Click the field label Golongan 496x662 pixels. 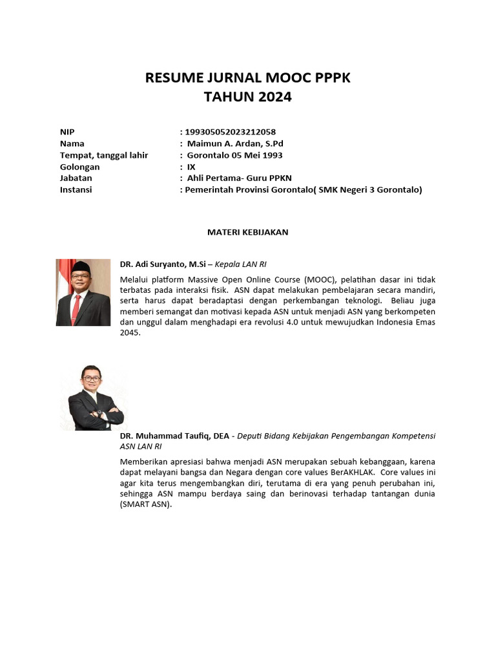pyautogui.click(x=79, y=167)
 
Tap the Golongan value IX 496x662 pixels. pyautogui.click(x=191, y=167)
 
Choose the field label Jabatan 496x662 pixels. pyautogui.click(x=76, y=178)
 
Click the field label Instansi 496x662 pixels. pyautogui.click(x=76, y=189)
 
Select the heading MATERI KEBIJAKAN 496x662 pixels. pyautogui.click(x=247, y=232)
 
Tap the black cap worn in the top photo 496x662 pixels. pyautogui.click(x=82, y=267)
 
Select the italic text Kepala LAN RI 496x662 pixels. pyautogui.click(x=240, y=264)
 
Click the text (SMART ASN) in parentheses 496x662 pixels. pyautogui.click(x=145, y=505)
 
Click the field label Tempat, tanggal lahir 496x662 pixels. pyautogui.click(x=104, y=155)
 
